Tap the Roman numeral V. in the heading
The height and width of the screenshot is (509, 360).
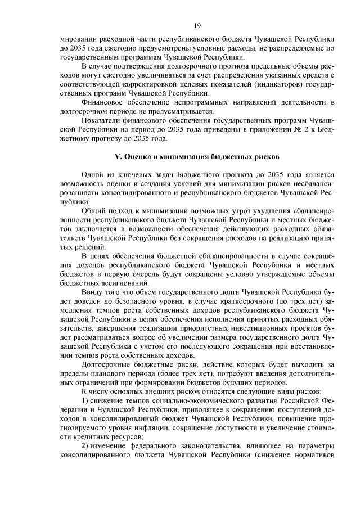click(x=125, y=155)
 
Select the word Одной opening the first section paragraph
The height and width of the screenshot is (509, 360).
click(x=92, y=175)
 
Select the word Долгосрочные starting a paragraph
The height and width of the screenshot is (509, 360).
click(x=107, y=363)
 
